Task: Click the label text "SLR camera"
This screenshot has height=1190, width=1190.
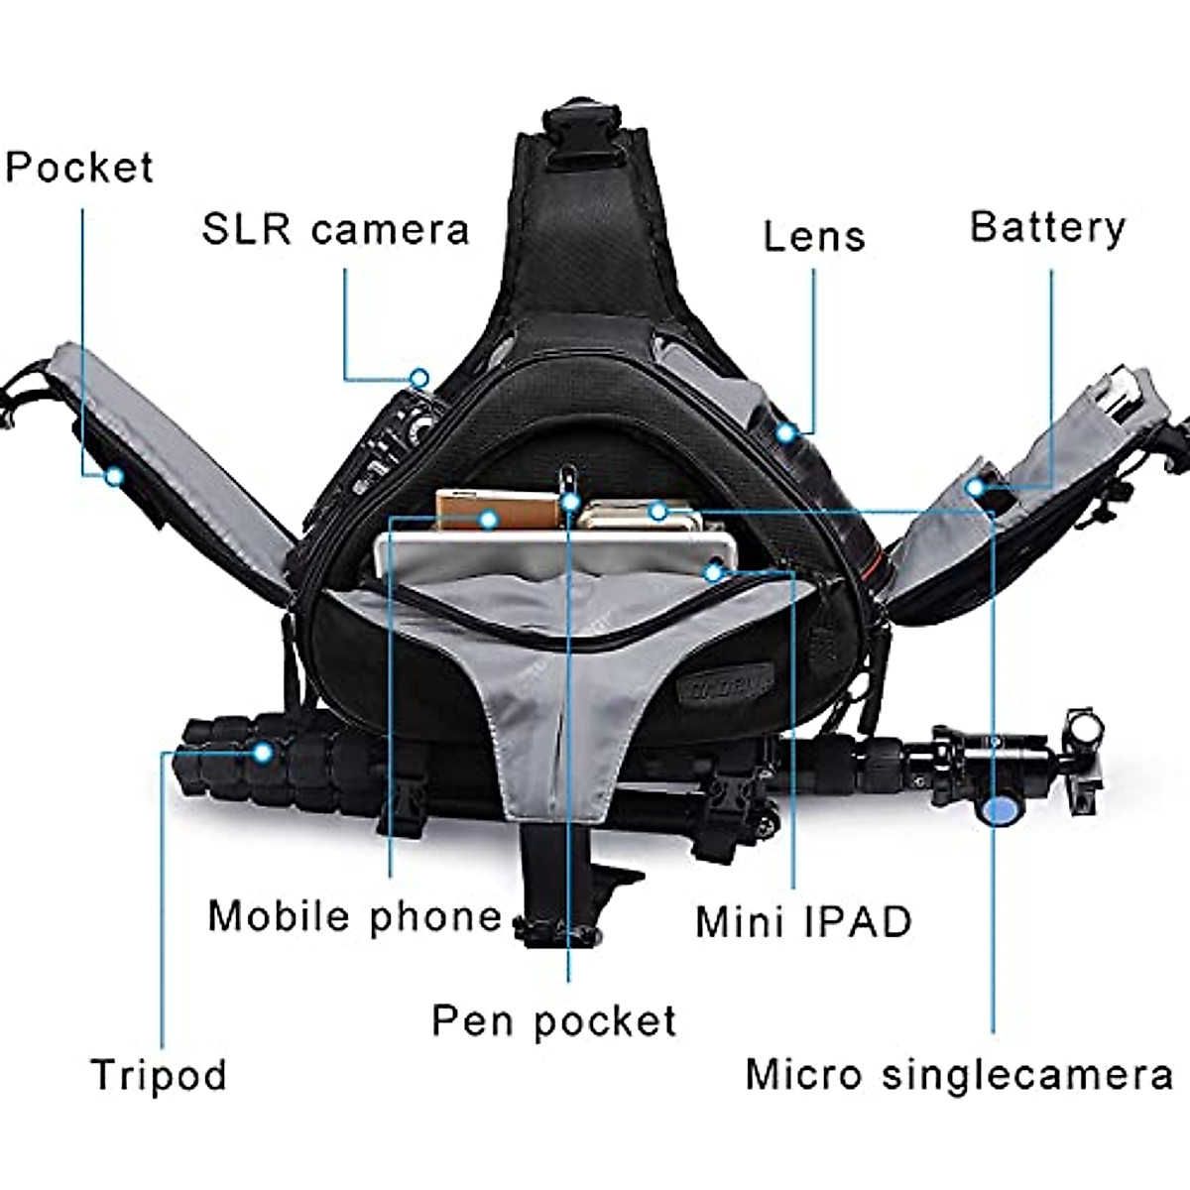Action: pos(335,230)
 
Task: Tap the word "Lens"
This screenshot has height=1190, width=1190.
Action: pos(814,237)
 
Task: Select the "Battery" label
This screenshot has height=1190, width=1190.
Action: pos(1047,227)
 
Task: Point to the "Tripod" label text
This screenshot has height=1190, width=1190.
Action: pos(159,1075)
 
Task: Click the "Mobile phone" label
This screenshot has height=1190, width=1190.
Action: pos(355,915)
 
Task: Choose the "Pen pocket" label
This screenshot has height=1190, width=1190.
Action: pos(554,1020)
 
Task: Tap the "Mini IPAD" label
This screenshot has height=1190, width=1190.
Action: pos(803,921)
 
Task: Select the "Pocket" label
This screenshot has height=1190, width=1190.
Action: pos(79,168)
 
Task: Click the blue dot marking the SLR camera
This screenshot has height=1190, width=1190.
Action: pos(419,378)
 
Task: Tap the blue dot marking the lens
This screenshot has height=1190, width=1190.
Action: pos(786,432)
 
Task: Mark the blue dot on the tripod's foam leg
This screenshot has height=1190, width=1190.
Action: pos(262,753)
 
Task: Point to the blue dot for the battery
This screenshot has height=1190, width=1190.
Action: pos(976,487)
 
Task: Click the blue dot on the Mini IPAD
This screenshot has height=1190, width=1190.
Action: pos(713,571)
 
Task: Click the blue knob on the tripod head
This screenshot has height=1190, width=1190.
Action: pos(999,810)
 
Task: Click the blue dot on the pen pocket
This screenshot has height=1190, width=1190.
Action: pos(569,502)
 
